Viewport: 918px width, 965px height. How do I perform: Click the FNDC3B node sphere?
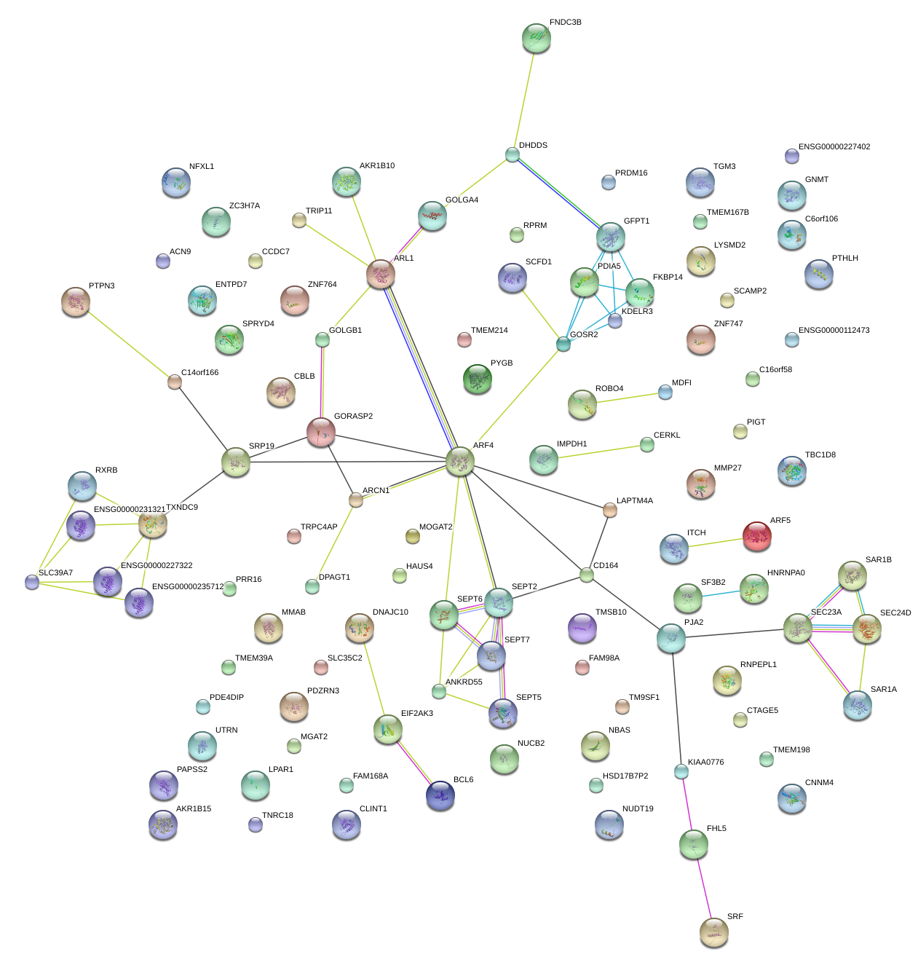(536, 38)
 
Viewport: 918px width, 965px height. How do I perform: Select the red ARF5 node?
(756, 536)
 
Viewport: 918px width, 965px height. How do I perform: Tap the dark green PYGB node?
(477, 378)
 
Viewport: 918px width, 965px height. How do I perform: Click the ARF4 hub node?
(460, 461)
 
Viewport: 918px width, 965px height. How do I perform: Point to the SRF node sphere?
(713, 931)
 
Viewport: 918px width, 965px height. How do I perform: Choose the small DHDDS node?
(513, 154)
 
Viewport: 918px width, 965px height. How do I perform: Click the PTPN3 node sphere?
(76, 302)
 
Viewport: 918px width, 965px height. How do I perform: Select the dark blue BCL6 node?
(440, 795)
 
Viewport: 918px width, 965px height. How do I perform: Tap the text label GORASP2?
(353, 417)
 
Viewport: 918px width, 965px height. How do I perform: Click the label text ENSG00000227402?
(834, 147)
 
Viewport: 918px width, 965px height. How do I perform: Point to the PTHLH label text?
(844, 259)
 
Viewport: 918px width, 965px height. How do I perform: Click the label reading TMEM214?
(488, 331)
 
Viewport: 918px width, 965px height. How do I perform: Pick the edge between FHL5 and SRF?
(703, 887)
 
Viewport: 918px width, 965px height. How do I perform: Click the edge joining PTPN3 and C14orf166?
(125, 341)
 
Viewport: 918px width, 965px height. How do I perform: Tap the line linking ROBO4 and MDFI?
(624, 398)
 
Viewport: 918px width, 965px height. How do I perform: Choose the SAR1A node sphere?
(857, 704)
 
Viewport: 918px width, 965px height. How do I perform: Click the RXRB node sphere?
(82, 485)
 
